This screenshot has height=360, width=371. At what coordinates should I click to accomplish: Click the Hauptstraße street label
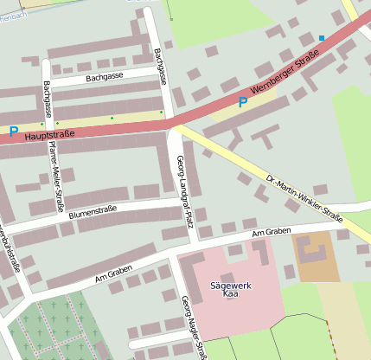tap(49, 135)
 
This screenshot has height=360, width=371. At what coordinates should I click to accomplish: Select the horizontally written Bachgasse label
tap(105, 77)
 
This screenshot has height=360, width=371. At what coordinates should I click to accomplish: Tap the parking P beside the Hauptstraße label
tap(13, 132)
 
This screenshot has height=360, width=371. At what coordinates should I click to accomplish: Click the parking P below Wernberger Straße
tap(243, 102)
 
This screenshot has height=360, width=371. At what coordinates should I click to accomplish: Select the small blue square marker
tap(322, 38)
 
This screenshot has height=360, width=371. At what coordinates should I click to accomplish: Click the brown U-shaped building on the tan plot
tap(312, 253)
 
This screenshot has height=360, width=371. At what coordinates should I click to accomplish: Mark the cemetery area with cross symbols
tap(52, 329)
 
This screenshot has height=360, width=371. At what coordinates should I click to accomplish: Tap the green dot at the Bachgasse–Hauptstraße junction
tap(161, 112)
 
